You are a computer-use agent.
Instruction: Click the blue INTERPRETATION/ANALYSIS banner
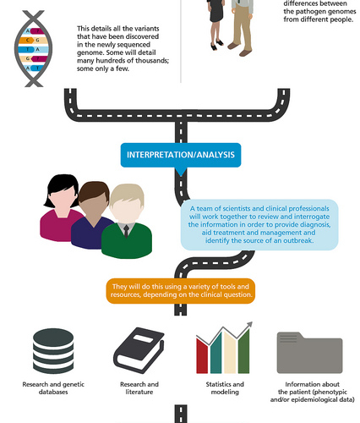click(181, 155)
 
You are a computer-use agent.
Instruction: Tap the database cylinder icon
click(53, 350)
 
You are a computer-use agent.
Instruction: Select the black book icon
click(139, 349)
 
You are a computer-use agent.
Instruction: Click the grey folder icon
click(309, 353)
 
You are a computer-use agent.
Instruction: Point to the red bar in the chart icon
click(202, 356)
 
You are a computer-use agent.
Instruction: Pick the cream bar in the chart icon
click(230, 353)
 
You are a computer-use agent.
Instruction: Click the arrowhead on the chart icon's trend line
click(249, 325)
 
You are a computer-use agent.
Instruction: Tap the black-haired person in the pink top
click(61, 208)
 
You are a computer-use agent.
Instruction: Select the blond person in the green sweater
click(127, 221)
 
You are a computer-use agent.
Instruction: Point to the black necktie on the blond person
click(126, 231)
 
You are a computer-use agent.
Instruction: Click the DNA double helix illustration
click(33, 49)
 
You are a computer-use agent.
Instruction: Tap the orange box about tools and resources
click(181, 291)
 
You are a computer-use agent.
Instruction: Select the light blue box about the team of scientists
click(259, 225)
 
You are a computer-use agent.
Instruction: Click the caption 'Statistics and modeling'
click(225, 388)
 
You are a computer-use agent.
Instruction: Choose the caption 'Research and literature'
click(139, 388)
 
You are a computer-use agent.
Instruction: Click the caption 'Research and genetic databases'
click(53, 388)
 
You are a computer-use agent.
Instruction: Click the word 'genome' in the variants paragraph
click(88, 52)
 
